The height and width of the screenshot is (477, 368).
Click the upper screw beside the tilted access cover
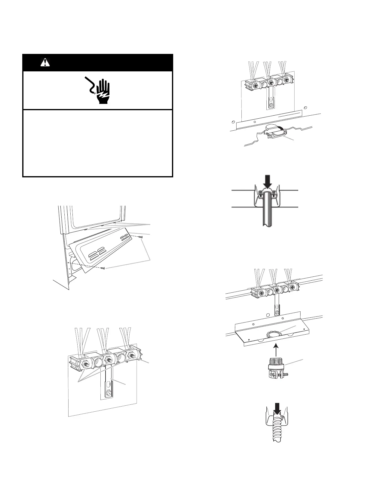click(x=141, y=237)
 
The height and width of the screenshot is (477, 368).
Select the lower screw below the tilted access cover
click(x=103, y=268)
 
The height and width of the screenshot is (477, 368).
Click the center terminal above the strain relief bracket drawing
click(x=271, y=83)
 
